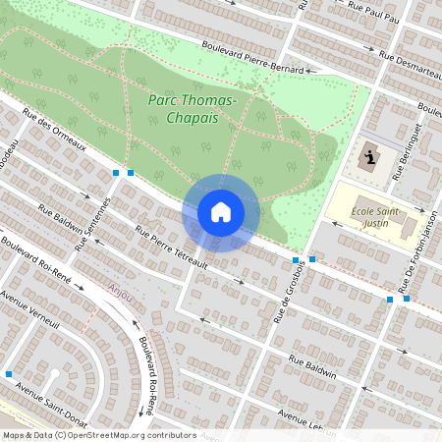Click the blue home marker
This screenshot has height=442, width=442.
pyautogui.click(x=221, y=212)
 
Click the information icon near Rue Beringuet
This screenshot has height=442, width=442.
pyautogui.click(x=369, y=156)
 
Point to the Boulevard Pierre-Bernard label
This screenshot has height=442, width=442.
pyautogui.click(x=249, y=57)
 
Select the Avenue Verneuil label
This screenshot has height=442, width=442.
pyautogui.click(x=31, y=308)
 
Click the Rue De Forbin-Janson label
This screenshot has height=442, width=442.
pyautogui.click(x=424, y=242)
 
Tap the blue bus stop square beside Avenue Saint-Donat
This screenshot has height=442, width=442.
pyautogui.click(x=9, y=373)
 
